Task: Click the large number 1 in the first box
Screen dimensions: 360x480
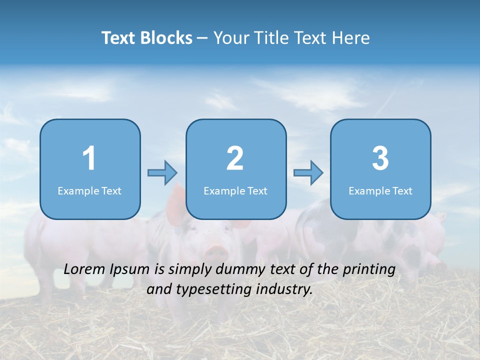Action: coord(89,158)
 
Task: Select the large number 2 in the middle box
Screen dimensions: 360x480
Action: coord(235,158)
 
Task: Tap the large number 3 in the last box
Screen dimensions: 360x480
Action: coord(380,158)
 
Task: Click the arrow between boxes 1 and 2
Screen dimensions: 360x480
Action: coord(162,173)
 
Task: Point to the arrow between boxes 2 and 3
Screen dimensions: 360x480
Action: coord(308,173)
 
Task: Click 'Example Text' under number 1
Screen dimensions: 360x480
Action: coord(89,191)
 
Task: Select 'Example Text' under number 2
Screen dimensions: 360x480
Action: coord(235,191)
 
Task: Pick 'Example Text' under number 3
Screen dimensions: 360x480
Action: coord(380,191)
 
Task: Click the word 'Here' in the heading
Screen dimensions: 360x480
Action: coord(353,38)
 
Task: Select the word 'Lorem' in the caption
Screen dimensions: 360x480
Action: coord(84,269)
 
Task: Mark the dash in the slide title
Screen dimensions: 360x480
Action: coord(202,38)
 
